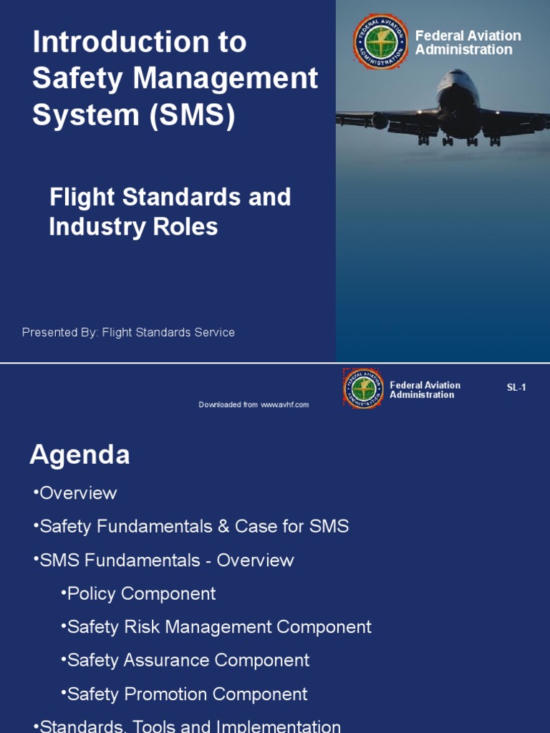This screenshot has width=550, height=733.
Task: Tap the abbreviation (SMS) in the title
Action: tap(192, 116)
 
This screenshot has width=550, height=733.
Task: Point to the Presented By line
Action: tap(128, 332)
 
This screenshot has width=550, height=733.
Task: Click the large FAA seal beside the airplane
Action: tap(380, 42)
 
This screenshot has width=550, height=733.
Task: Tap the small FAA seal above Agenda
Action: tap(364, 389)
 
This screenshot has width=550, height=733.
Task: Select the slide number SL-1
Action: tap(516, 388)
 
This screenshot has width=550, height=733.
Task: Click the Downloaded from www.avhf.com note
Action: tap(254, 405)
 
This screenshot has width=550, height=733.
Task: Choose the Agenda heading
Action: tap(79, 455)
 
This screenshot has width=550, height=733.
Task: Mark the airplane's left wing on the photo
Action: tap(380, 119)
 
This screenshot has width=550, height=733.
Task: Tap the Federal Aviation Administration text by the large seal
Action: tap(468, 43)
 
